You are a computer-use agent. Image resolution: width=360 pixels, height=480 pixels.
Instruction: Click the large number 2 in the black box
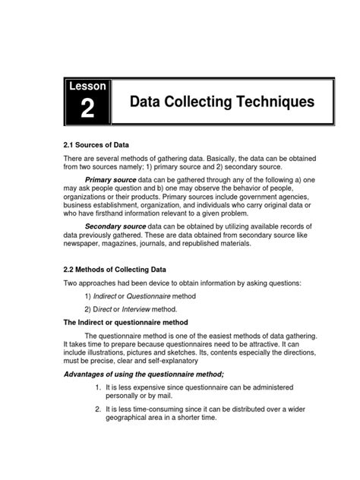[x=88, y=109]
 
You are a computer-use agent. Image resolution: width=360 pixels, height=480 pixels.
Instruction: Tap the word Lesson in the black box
[x=88, y=87]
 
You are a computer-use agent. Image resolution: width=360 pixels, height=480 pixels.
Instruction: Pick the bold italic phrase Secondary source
[x=115, y=226]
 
